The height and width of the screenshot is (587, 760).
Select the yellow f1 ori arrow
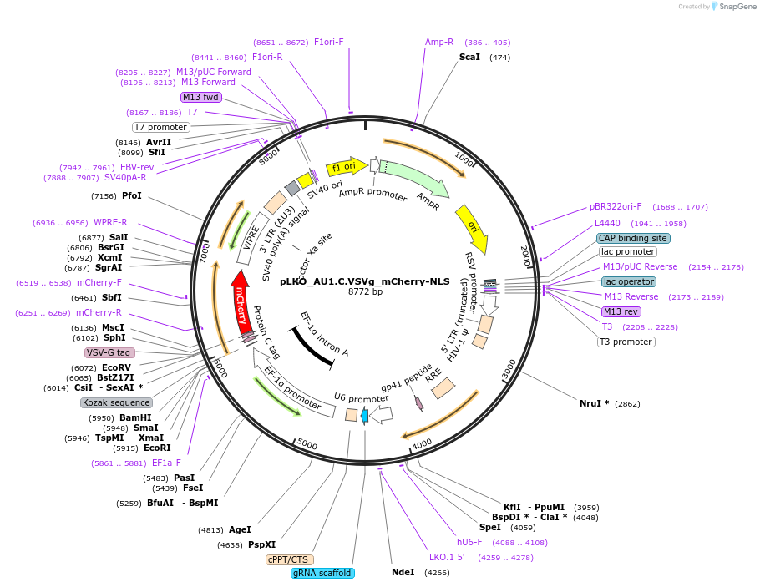tap(345, 166)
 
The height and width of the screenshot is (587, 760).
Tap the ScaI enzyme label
tap(469, 57)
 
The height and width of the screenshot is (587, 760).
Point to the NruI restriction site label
tap(594, 403)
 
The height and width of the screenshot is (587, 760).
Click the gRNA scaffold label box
tap(322, 573)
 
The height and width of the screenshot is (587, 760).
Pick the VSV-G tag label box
tap(109, 352)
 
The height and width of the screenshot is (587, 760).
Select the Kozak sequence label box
tap(116, 402)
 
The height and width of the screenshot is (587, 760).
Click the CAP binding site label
tap(633, 238)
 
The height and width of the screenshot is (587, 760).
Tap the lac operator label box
tap(628, 281)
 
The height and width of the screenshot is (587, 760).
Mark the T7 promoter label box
tap(161, 127)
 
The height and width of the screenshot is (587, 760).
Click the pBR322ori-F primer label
tap(616, 206)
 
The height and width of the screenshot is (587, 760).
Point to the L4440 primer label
tap(607, 223)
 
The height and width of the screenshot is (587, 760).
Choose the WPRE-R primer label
tap(110, 222)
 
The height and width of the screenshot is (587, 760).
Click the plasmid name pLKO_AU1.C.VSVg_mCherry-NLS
tap(365, 281)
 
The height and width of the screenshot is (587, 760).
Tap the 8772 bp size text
tap(365, 292)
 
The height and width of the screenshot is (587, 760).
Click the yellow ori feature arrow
tap(472, 228)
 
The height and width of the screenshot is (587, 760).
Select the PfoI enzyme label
tap(132, 195)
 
